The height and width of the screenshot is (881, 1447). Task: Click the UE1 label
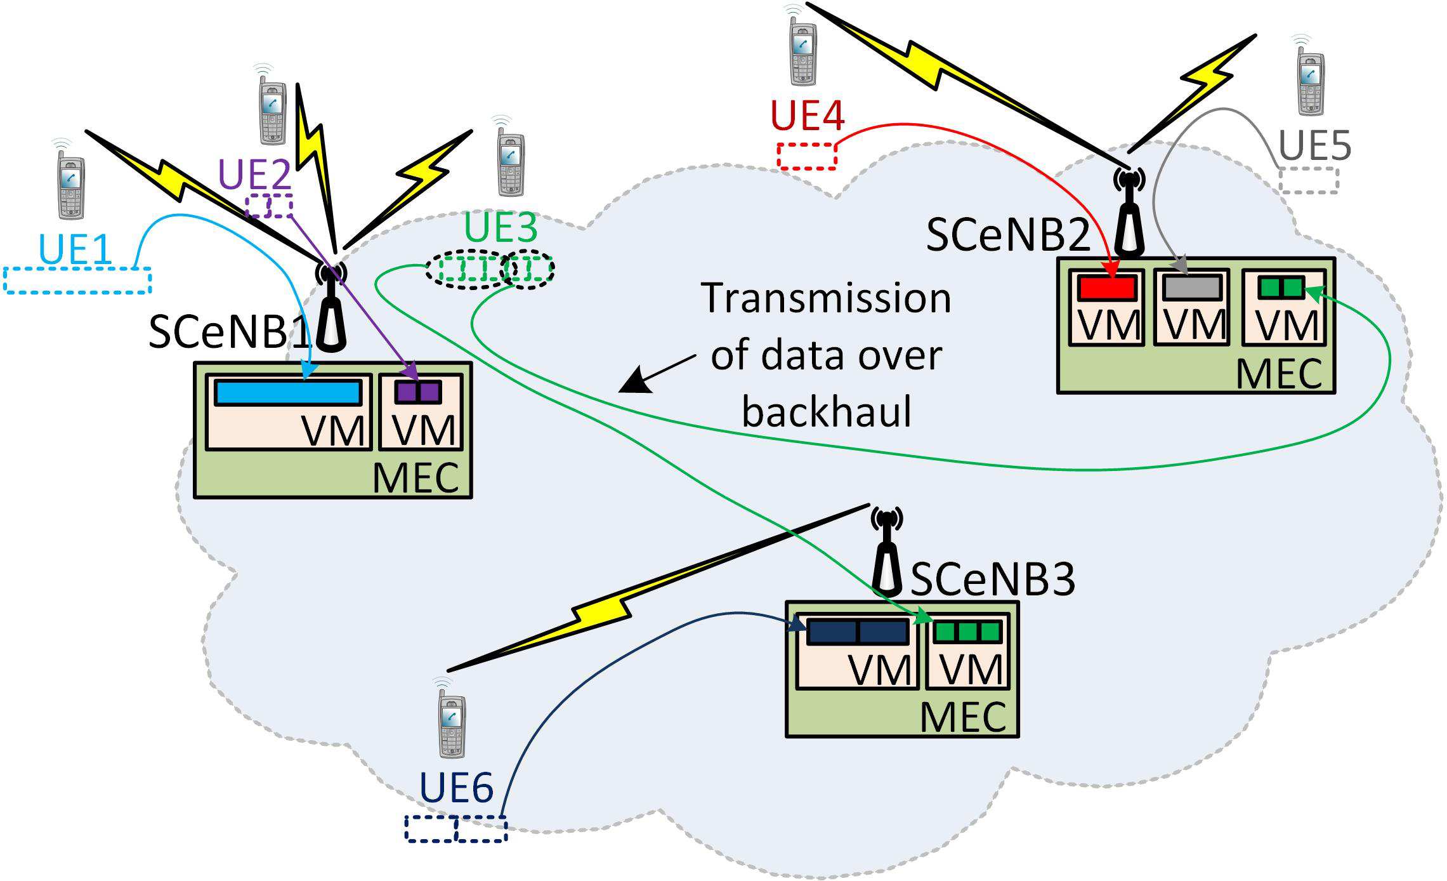tap(75, 249)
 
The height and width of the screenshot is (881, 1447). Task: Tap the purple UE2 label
tap(254, 173)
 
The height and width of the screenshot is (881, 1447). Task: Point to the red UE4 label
tap(808, 116)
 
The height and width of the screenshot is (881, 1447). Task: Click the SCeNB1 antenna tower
tap(331, 311)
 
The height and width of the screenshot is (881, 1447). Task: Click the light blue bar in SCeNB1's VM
tap(289, 393)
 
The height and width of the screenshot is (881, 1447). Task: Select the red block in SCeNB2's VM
tap(1108, 288)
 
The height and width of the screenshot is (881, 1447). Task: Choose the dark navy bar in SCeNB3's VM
tap(857, 632)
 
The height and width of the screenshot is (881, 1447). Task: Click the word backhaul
tap(827, 411)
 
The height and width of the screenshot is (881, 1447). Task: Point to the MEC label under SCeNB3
tap(962, 717)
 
